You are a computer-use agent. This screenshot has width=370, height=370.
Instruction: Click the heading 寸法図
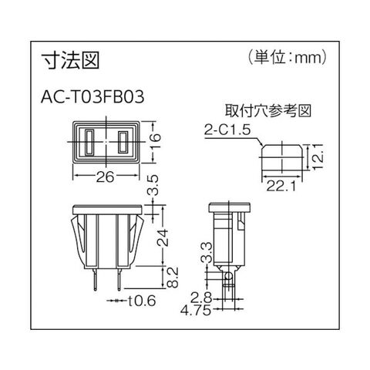pyautogui.click(x=70, y=61)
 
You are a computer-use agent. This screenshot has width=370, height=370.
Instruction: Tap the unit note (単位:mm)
pyautogui.click(x=288, y=58)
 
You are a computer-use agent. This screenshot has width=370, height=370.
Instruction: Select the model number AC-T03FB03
pyautogui.click(x=92, y=97)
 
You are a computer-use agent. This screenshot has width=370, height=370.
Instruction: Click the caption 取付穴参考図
pyautogui.click(x=268, y=111)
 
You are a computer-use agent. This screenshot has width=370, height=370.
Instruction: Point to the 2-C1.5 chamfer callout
pyautogui.click(x=227, y=130)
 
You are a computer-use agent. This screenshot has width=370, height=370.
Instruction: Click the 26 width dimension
pyautogui.click(x=105, y=177)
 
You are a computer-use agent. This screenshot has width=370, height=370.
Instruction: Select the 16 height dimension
pyautogui.click(x=155, y=141)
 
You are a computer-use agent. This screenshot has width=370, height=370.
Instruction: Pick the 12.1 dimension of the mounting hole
pyautogui.click(x=318, y=156)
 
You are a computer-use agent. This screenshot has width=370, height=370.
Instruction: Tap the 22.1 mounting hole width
pyautogui.click(x=281, y=186)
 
